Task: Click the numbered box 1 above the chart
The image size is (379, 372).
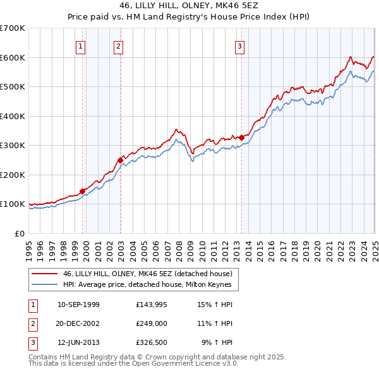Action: [81, 45]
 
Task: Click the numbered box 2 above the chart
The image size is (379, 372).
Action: [119, 45]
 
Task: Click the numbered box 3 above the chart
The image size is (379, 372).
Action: [240, 45]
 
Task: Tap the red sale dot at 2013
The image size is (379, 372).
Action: [241, 137]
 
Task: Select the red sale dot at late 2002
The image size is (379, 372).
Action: [120, 160]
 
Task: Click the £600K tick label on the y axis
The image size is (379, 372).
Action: [12, 57]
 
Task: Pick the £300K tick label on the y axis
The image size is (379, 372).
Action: [12, 146]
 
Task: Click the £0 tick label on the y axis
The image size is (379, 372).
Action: [19, 233]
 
